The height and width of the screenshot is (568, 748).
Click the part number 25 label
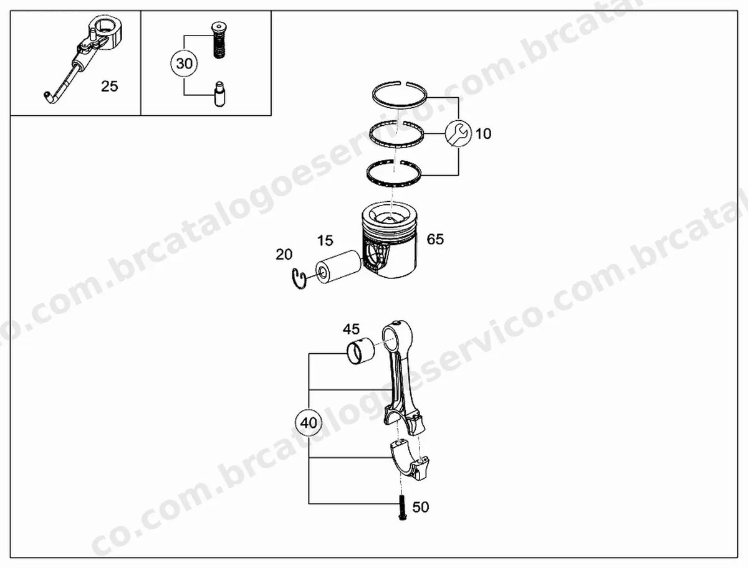coord(109,87)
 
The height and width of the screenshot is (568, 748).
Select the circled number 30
coord(185,64)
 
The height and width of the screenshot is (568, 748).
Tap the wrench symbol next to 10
coord(458,134)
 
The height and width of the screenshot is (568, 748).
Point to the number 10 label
coord(483,134)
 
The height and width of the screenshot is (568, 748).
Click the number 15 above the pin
coord(325,240)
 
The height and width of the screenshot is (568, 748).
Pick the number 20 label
coord(284,255)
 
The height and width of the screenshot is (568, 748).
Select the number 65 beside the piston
coord(435,239)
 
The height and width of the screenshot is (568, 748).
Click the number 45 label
coord(351,329)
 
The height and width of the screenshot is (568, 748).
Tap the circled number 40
coord(309,423)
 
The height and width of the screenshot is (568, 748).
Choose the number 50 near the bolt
coord(421,507)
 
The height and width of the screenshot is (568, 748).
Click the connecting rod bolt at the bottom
coord(403,508)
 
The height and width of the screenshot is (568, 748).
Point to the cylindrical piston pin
coord(338,267)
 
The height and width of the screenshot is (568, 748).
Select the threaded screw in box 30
coord(219,40)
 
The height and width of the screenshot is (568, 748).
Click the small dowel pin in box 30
coord(220,94)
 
